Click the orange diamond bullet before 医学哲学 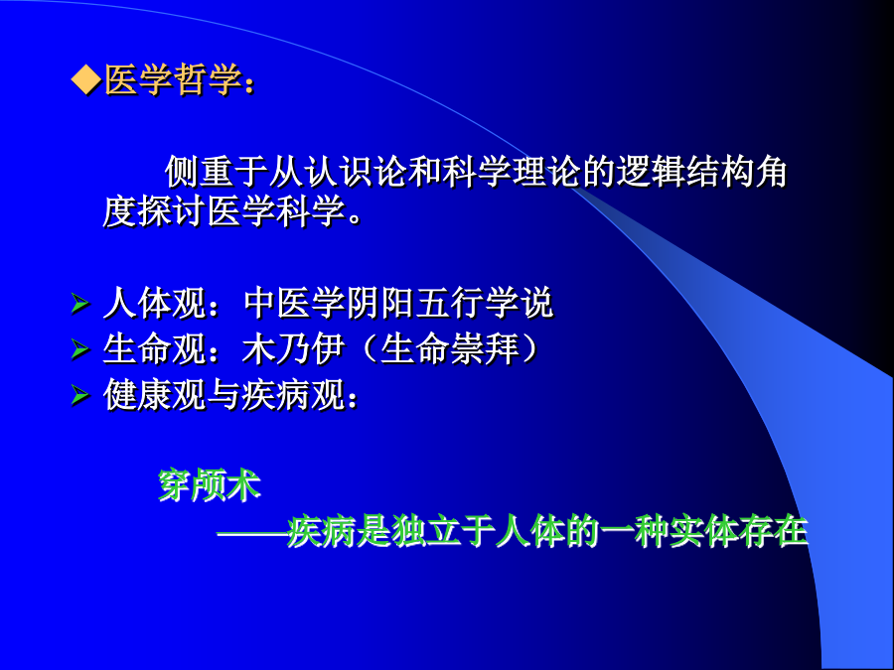85,79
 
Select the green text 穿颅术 210,485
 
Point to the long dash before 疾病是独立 252,534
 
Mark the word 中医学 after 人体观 294,303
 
